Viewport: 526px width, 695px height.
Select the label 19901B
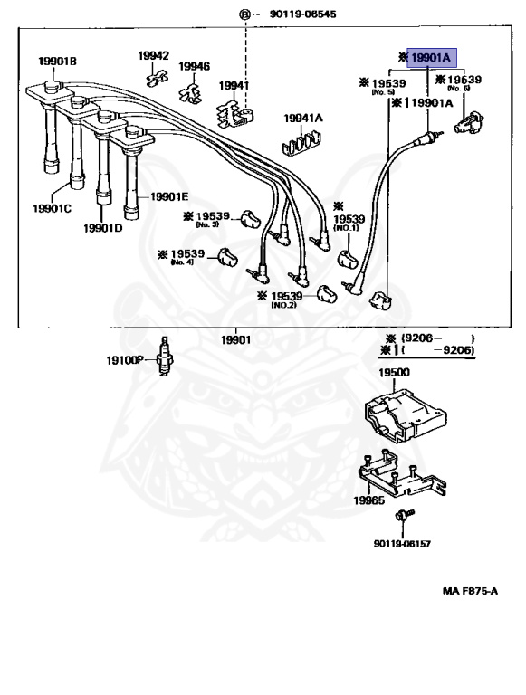(57, 62)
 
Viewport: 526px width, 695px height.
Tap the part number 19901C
(53, 208)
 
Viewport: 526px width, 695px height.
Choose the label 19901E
(169, 196)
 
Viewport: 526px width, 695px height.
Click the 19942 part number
(153, 55)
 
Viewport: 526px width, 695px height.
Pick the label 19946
(194, 66)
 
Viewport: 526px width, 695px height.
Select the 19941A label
(303, 118)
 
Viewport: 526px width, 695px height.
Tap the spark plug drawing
(164, 359)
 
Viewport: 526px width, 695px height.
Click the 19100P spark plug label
(124, 359)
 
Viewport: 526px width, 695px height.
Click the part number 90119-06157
(403, 544)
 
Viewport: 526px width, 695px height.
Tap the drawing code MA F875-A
(470, 591)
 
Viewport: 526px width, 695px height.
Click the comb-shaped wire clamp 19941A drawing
(303, 142)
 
